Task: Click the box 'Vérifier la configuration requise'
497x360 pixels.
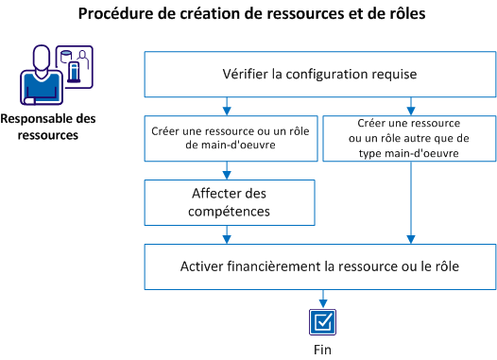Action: (319, 73)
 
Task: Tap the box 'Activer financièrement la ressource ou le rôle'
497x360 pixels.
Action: (319, 266)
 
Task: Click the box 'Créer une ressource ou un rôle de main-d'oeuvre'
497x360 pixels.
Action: (225, 136)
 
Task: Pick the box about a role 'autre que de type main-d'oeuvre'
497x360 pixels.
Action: (409, 136)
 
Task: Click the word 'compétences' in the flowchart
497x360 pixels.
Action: (224, 211)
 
